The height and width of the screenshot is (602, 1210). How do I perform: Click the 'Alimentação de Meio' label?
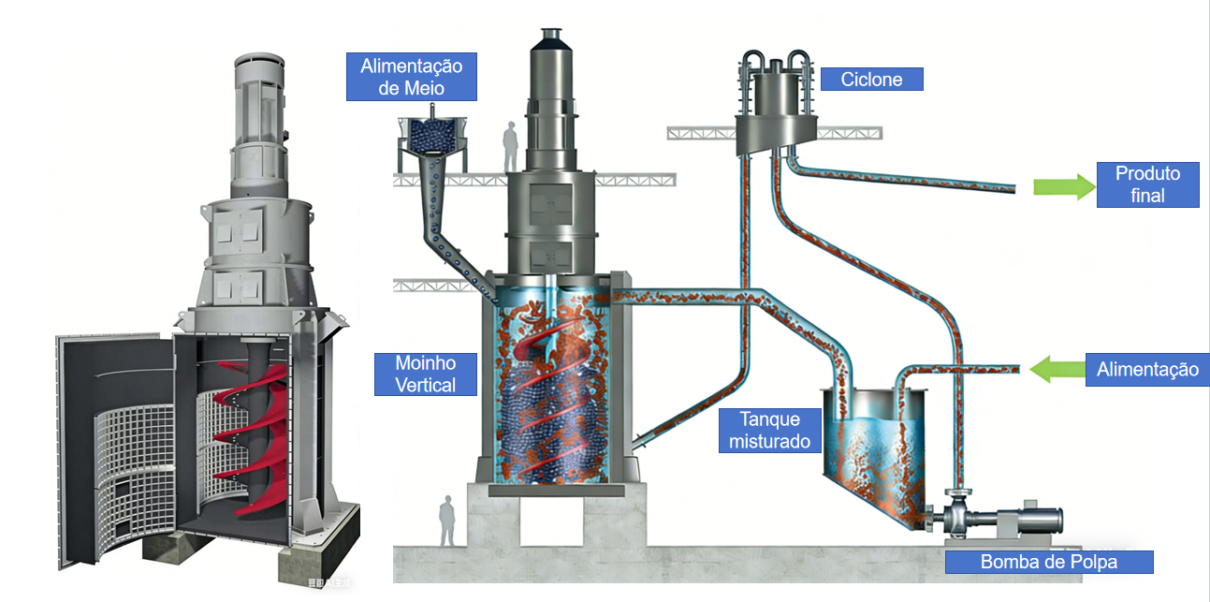tap(412, 76)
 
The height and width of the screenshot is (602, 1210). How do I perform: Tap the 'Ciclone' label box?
tap(871, 79)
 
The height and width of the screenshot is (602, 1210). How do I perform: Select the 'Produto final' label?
tap(1147, 184)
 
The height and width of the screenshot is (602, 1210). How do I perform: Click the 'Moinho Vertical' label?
tap(426, 374)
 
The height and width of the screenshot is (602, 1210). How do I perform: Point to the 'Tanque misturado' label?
tap(769, 430)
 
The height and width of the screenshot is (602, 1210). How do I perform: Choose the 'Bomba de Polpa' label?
tap(1048, 562)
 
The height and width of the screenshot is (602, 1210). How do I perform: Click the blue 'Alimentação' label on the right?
tap(1147, 369)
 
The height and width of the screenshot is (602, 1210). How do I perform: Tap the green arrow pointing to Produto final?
tap(1064, 186)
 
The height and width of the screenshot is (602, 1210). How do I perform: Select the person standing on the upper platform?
tap(510, 147)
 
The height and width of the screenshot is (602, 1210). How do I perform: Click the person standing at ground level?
tap(447, 521)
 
